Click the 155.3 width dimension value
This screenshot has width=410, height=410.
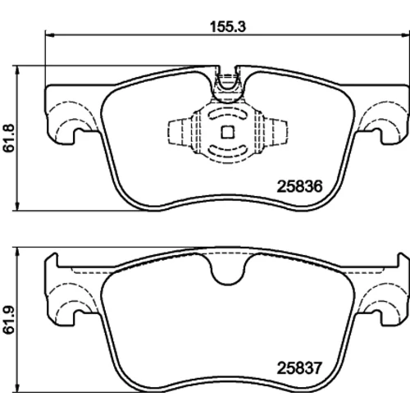click(x=228, y=27)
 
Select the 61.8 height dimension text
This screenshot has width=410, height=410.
click(x=9, y=138)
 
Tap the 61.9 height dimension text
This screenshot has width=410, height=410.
click(x=9, y=320)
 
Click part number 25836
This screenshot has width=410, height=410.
click(x=299, y=186)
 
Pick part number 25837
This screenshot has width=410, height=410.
click(x=299, y=368)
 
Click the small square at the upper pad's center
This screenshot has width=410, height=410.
click(x=227, y=132)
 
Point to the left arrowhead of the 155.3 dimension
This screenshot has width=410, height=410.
click(x=49, y=35)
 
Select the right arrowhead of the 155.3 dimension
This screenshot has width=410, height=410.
click(x=405, y=35)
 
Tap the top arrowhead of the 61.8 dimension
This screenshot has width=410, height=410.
click(x=17, y=71)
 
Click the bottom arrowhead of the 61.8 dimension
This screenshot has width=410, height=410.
click(x=17, y=206)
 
